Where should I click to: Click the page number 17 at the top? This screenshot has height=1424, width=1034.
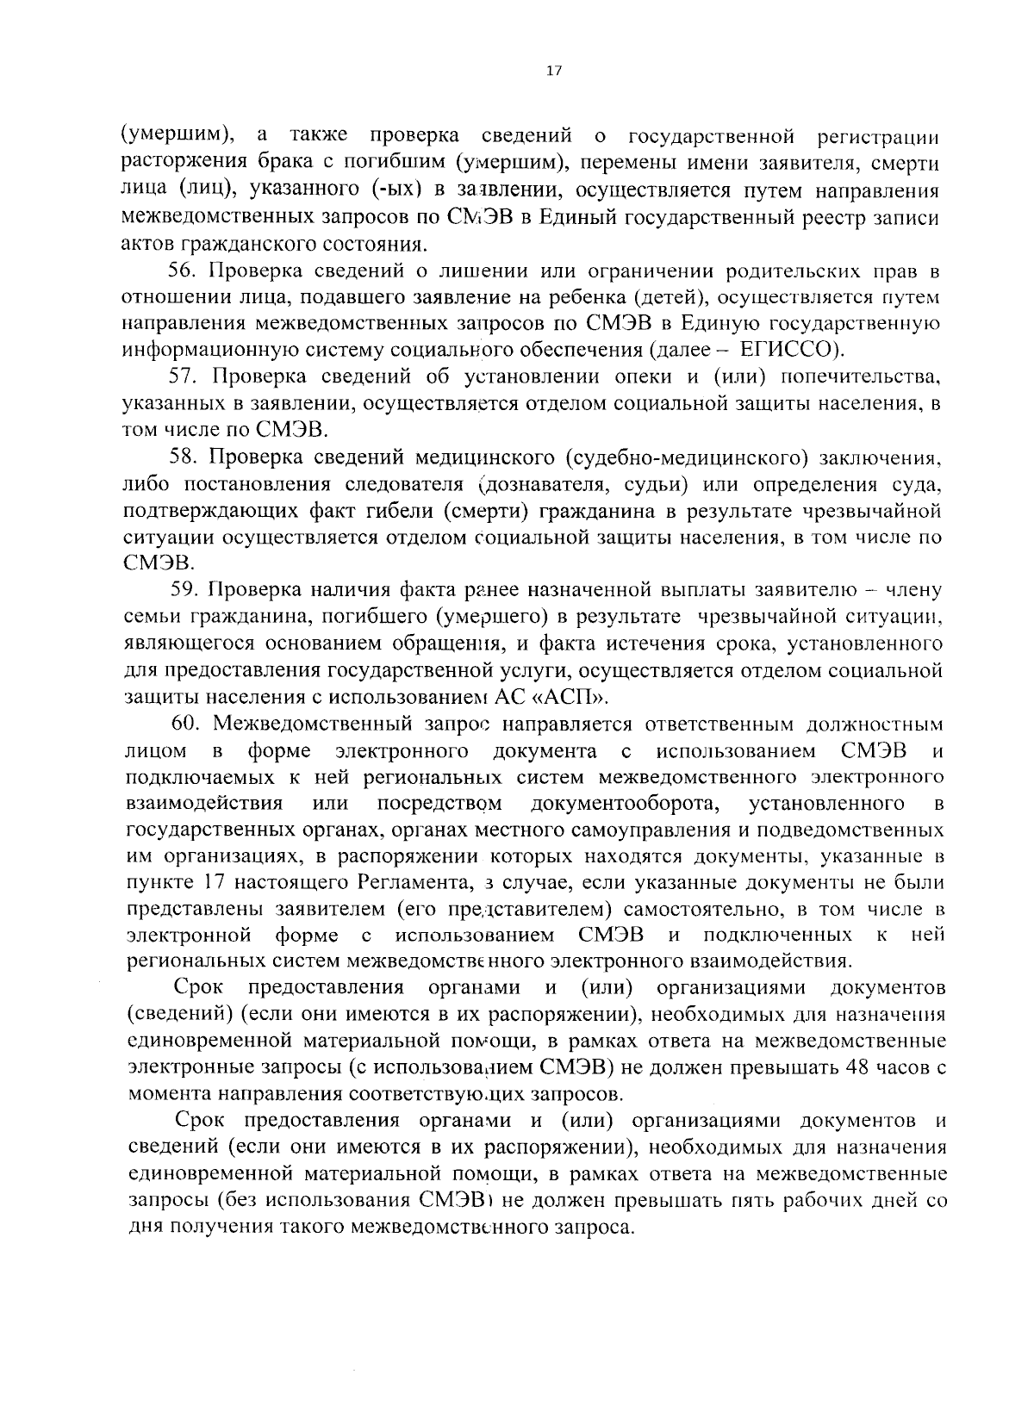(553, 72)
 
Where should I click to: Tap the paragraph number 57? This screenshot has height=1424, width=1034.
(184, 377)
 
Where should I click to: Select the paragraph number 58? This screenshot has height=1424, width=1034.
(184, 457)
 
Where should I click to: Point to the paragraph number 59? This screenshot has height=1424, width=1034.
(184, 590)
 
